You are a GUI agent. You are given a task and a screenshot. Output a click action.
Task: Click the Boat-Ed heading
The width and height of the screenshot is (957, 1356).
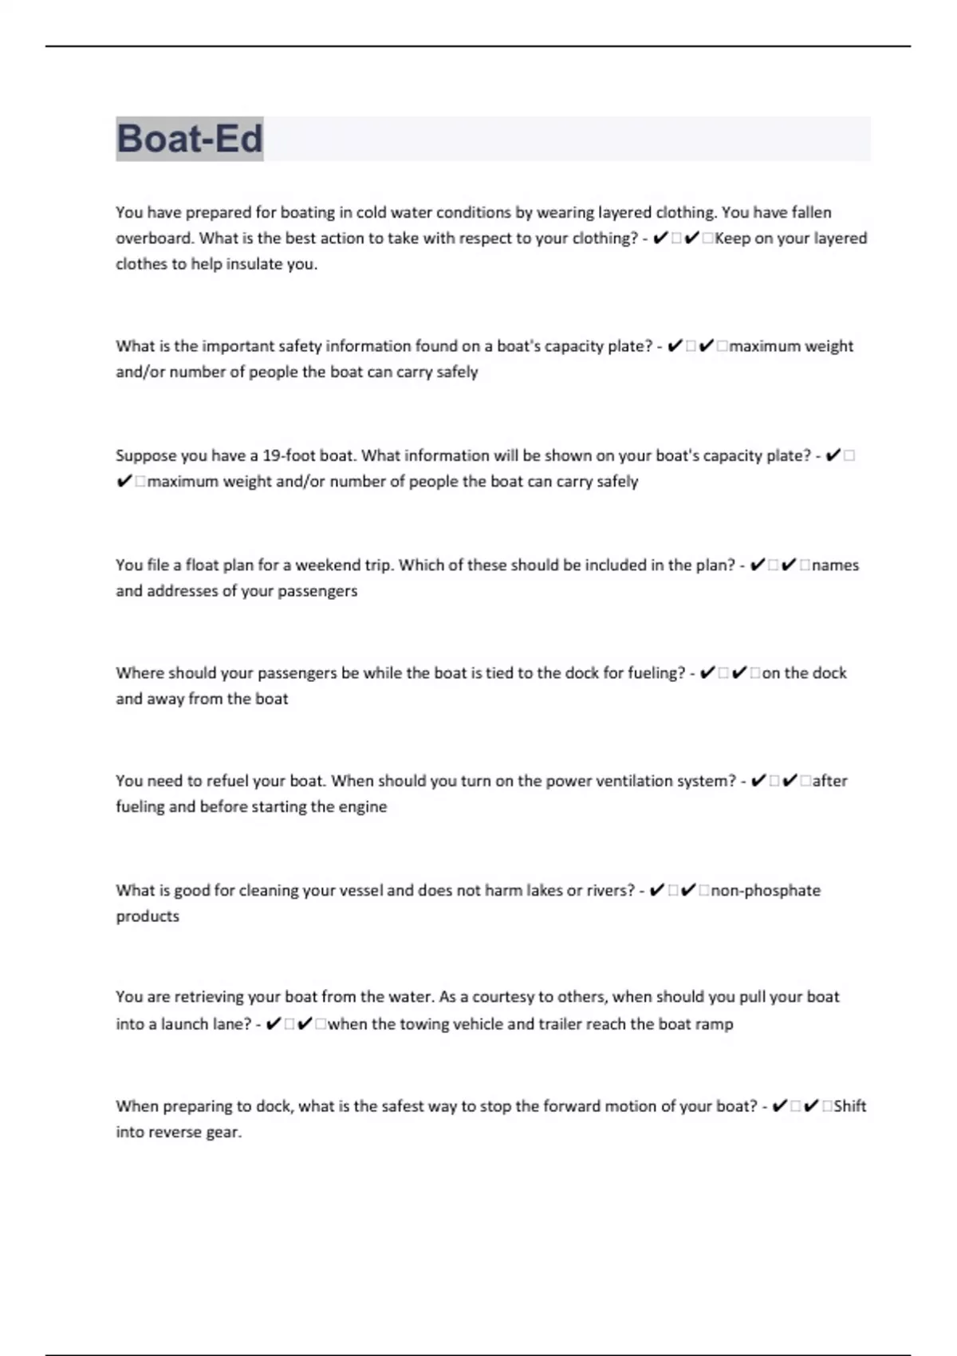coord(190,139)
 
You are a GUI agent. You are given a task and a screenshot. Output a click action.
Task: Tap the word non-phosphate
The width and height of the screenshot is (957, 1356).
coord(766,890)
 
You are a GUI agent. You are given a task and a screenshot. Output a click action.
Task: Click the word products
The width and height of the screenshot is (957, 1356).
coord(148,916)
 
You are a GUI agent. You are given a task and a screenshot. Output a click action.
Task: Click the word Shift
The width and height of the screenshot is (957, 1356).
coord(850,1106)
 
